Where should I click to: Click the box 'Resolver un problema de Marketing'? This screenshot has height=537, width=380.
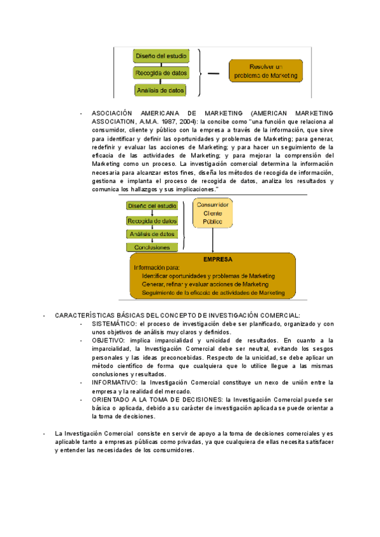266,72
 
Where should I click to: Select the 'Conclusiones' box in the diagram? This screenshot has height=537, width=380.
152,247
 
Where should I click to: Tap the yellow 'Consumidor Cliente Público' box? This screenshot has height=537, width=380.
213,213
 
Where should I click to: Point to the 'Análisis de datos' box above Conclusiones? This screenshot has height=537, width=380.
152,234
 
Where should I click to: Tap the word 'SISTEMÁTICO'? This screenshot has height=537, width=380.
113,324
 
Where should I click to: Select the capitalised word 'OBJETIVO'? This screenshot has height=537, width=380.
108,340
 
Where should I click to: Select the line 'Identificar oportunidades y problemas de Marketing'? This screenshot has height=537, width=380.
208,276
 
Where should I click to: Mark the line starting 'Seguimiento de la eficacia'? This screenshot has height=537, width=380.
213,293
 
